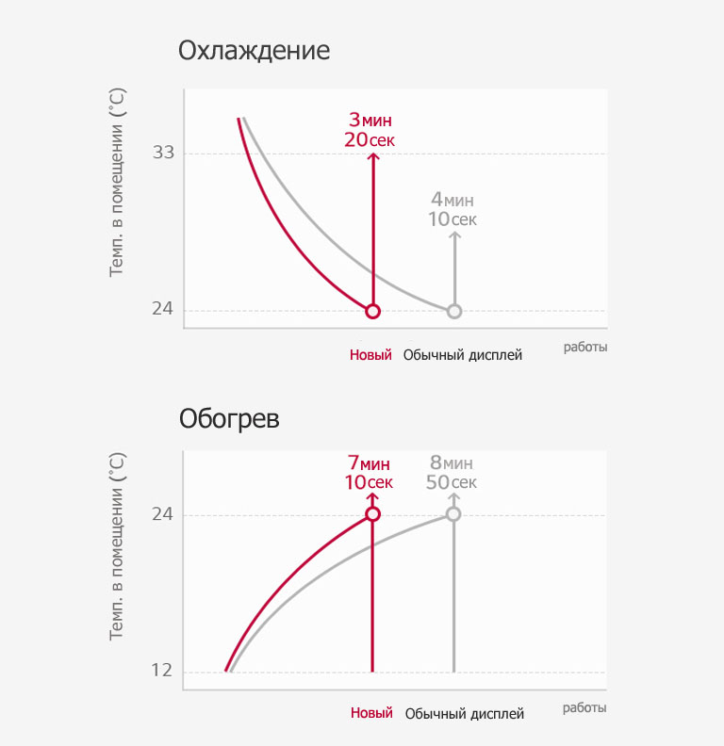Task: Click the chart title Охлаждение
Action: point(255,50)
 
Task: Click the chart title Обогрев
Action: point(229,418)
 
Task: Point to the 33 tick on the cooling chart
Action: point(163,153)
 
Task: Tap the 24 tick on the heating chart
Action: point(163,514)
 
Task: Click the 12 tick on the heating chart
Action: point(163,671)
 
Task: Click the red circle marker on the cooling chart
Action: point(372,311)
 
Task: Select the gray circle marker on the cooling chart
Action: point(454,311)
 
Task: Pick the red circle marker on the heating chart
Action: point(372,513)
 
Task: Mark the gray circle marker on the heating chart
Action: point(453,513)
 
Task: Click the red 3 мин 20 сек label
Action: point(370,130)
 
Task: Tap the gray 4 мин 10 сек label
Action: point(452,209)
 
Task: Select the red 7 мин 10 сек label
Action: point(369,472)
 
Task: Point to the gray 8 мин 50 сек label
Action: point(452,472)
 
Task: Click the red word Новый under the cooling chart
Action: point(370,355)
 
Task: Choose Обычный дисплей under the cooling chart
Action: point(463,355)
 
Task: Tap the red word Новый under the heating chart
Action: point(371,713)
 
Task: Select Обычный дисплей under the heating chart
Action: point(464,714)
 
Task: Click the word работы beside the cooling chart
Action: point(585,347)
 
